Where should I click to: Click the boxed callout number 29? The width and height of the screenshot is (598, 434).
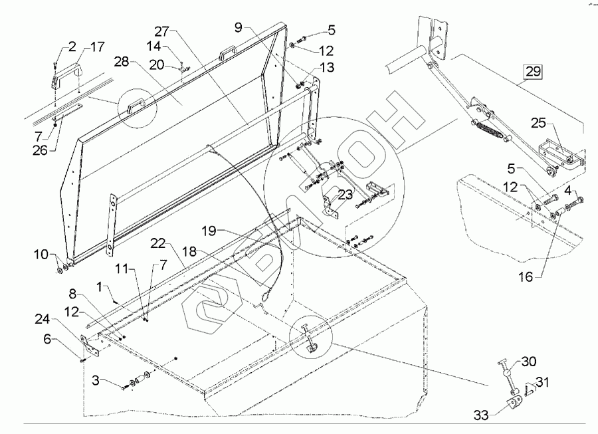[533, 71]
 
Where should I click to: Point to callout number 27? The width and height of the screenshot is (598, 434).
[163, 31]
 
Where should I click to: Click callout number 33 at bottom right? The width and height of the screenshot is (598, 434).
[480, 415]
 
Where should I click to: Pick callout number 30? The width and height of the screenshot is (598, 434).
[528, 362]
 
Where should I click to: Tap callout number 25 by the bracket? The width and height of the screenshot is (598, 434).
[538, 123]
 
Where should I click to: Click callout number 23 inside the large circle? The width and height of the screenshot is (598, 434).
[344, 195]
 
